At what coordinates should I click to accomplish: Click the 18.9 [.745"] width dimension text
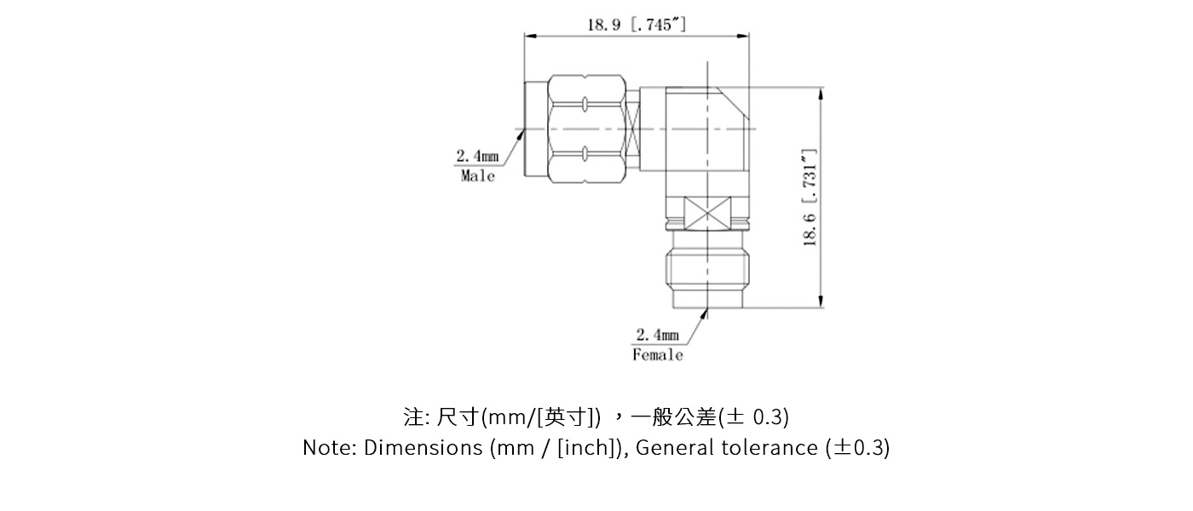[636, 24]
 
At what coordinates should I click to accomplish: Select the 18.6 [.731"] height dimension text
[810, 198]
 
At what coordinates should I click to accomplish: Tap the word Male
[477, 176]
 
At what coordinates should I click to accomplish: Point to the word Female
[657, 354]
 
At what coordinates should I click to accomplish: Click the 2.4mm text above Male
[477, 156]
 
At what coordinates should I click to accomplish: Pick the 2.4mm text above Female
[657, 335]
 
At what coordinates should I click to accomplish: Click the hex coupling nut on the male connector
[585, 129]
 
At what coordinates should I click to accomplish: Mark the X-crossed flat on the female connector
[708, 211]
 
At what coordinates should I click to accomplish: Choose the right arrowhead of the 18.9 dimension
[743, 36]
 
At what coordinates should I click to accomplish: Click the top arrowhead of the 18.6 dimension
[821, 93]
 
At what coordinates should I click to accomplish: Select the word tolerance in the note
[776, 448]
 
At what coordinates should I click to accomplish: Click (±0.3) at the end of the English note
[857, 448]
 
